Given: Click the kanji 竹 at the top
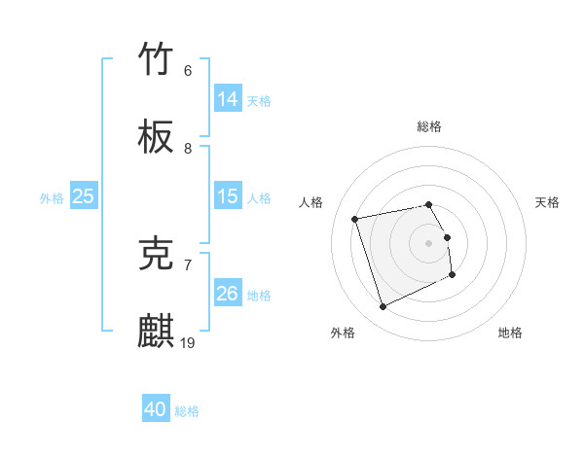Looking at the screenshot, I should pyautogui.click(x=157, y=59).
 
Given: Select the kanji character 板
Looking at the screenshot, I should pyautogui.click(x=157, y=137).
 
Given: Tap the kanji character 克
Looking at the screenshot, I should pyautogui.click(x=157, y=254).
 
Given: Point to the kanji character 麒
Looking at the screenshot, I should pyautogui.click(x=157, y=332).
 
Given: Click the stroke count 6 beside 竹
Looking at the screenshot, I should pyautogui.click(x=187, y=71).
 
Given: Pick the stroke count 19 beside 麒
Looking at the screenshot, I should pyautogui.click(x=189, y=342).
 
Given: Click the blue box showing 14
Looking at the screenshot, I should pyautogui.click(x=228, y=99).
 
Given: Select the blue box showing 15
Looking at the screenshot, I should pyautogui.click(x=228, y=196).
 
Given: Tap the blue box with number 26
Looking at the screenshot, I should pyautogui.click(x=228, y=294).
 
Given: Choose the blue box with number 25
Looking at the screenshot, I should pyautogui.click(x=84, y=196).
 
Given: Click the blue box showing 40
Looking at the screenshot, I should pyautogui.click(x=156, y=410).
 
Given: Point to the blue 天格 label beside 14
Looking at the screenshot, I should pyautogui.click(x=259, y=100).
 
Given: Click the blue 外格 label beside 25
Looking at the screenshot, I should pyautogui.click(x=52, y=197).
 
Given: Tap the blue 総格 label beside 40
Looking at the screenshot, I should pyautogui.click(x=187, y=411).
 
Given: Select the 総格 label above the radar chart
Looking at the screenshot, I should pyautogui.click(x=429, y=126).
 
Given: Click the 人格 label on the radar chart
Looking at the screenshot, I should pyautogui.click(x=311, y=202).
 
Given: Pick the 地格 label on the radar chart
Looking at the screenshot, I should pyautogui.click(x=510, y=333).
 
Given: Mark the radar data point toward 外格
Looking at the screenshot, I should pyautogui.click(x=383, y=307).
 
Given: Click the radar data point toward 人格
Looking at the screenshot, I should pyautogui.click(x=355, y=219).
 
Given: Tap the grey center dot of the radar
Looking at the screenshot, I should pyautogui.click(x=429, y=242).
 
